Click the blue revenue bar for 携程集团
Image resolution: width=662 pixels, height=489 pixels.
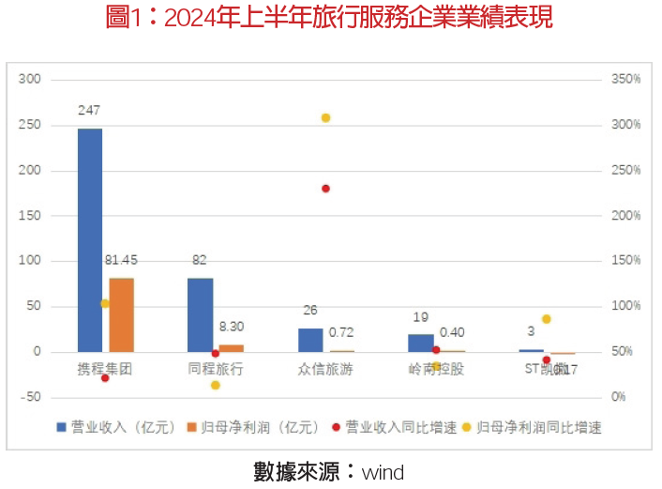pos(90,239)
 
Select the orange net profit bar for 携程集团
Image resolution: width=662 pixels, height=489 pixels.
pos(122,314)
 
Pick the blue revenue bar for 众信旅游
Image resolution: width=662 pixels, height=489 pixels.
pos(310,340)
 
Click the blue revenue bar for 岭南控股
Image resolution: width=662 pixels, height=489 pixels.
pos(420,343)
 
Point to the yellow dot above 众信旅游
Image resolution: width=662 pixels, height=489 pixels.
pos(326,117)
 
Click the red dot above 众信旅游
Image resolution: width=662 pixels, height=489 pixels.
pos(326,189)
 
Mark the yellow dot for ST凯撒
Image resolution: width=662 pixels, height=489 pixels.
pos(547,319)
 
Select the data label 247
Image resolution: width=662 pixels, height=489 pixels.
pos(89,111)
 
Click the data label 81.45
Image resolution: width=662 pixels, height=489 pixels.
pos(123,260)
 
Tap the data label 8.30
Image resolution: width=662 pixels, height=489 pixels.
pos(232,327)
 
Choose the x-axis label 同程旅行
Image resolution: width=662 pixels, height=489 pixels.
pos(216,369)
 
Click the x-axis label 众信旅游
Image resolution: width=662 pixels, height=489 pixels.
pos(325,369)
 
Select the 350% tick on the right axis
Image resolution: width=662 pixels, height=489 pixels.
pos(625,80)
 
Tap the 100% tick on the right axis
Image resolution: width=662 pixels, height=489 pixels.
pos(625,307)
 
